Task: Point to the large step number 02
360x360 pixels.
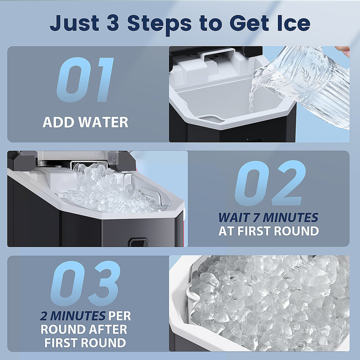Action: (270, 183)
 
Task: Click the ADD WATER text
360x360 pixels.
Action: (85, 122)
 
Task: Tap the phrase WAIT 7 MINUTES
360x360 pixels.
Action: (268, 218)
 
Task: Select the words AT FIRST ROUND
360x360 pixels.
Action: (268, 231)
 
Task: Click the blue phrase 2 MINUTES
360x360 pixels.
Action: (69, 316)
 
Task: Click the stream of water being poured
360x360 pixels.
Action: (253, 97)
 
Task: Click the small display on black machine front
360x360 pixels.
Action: (139, 242)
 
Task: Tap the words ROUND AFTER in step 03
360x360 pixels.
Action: (84, 329)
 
